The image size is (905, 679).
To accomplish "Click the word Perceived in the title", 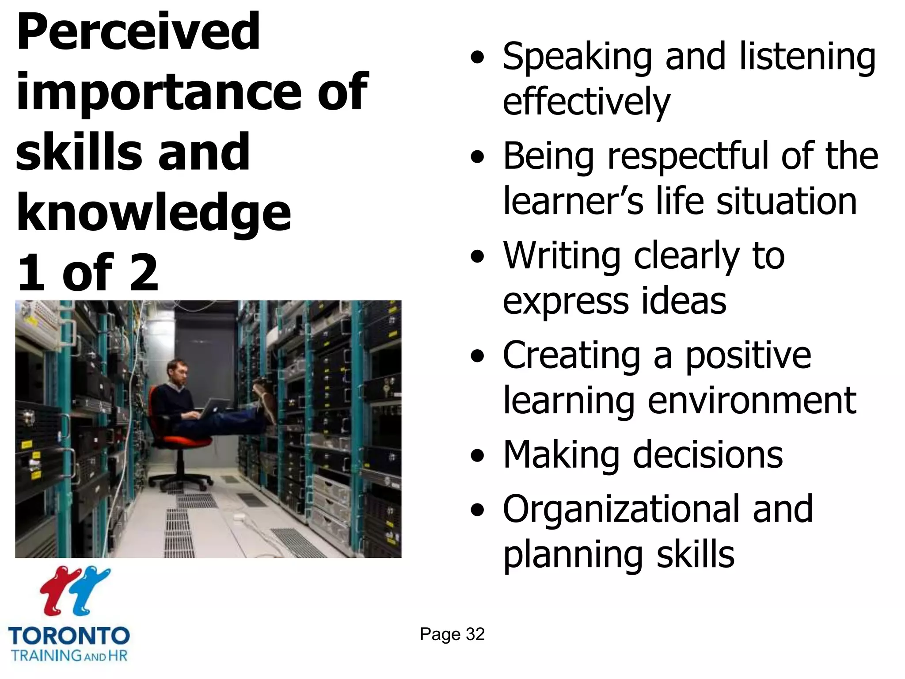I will point(138,32).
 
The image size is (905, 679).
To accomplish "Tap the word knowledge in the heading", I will point(153,214).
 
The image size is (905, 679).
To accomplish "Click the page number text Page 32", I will point(452,634).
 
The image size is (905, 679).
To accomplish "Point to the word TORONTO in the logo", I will point(69,637).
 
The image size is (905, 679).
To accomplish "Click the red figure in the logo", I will point(61,590).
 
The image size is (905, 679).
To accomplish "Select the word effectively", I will point(586,103).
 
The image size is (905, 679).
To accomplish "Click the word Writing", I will point(562,256).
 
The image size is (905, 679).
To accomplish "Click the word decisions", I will point(708,455).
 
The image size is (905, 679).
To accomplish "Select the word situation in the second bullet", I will point(786,202).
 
